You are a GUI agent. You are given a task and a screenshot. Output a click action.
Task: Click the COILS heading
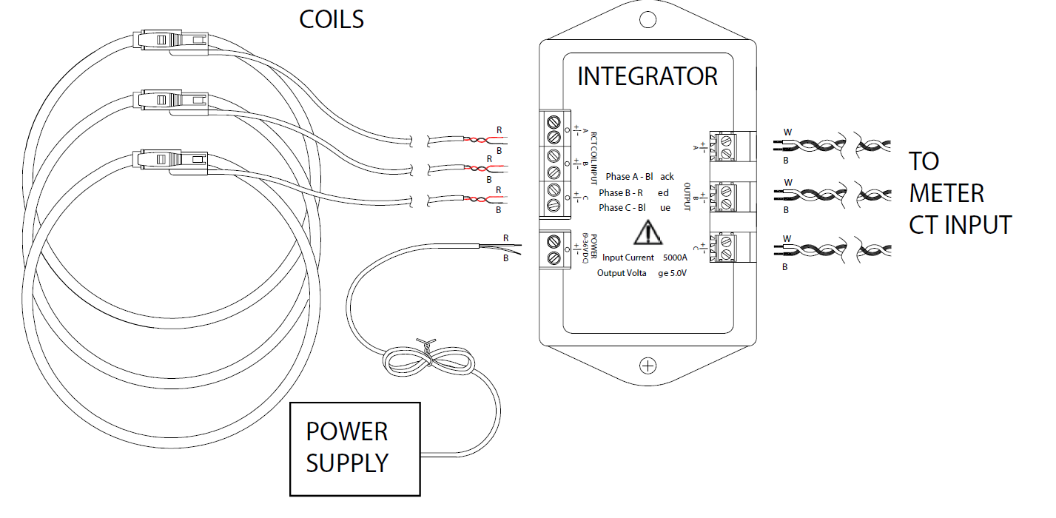pos(331,19)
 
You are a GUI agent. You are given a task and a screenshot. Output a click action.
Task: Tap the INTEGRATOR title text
pos(647,76)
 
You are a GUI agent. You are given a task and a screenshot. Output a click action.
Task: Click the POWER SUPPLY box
pos(354,448)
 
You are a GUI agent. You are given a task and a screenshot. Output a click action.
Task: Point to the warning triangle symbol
pos(648,232)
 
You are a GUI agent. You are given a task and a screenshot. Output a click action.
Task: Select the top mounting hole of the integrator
pos(648,19)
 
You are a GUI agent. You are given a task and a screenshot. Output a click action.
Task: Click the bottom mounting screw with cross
pos(648,365)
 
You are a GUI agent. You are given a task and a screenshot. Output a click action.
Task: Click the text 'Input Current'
pos(628,258)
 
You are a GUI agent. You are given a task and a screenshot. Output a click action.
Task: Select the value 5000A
pos(675,258)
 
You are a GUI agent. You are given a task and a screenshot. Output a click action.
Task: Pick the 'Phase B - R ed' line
pos(633,192)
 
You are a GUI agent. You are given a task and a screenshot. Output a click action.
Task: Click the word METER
pos(946,193)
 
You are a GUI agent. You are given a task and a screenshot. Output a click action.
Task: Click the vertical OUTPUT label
pos(687,196)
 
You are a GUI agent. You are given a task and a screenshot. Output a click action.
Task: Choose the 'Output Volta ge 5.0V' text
pos(642,273)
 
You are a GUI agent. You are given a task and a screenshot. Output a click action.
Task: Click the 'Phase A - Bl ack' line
pos(639,177)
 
